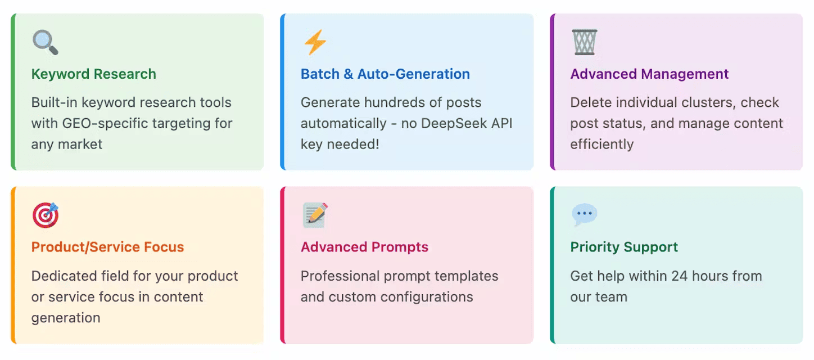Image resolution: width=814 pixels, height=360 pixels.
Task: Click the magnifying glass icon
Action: pos(44,42)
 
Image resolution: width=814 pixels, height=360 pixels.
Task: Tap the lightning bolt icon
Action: pos(314,42)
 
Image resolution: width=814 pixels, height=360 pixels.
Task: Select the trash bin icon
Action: pos(584,42)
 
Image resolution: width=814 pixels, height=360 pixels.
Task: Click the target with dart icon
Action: pos(45,215)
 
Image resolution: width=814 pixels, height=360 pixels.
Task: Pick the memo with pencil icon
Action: pos(315,215)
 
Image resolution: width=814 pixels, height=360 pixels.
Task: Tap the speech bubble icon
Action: pos(584,215)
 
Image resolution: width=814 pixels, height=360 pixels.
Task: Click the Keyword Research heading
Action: pos(93,74)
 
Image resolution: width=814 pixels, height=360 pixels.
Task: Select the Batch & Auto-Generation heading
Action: pos(385,74)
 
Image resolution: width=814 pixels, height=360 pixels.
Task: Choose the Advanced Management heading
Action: pos(649,74)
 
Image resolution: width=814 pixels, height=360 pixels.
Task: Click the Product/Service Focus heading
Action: pos(107,247)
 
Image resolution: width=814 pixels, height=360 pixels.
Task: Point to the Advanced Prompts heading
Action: pos(364,247)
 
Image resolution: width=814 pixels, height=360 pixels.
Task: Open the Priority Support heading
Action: pos(624,247)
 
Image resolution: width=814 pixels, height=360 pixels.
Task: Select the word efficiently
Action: pos(602,144)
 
